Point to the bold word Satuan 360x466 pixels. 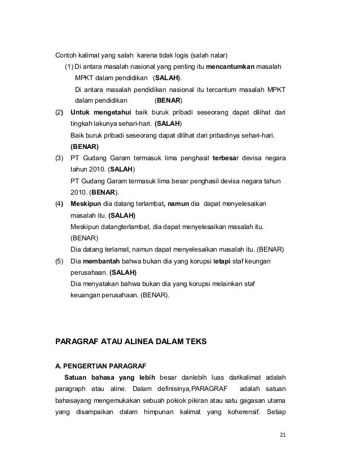click(76, 377)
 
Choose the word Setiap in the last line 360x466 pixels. click(276, 411)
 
